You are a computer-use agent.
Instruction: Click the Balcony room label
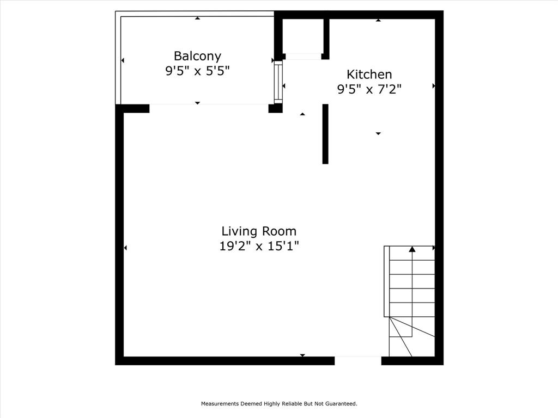pyautogui.click(x=197, y=56)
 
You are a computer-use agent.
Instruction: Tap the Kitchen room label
pyautogui.click(x=369, y=75)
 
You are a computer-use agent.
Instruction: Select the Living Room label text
pyautogui.click(x=259, y=231)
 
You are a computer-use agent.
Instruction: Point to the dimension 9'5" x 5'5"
pyautogui.click(x=197, y=71)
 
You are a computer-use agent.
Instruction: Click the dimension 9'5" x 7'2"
pyautogui.click(x=369, y=89)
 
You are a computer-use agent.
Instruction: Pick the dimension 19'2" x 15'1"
pyautogui.click(x=259, y=246)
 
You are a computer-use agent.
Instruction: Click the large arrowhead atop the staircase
pyautogui.click(x=412, y=249)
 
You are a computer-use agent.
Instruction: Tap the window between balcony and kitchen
pyautogui.click(x=278, y=82)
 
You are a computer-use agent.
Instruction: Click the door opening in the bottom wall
pyautogui.click(x=357, y=360)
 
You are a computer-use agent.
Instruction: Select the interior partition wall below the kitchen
pyautogui.click(x=325, y=133)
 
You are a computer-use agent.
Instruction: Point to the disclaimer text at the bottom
pyautogui.click(x=279, y=404)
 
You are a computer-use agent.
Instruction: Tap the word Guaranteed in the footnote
pyautogui.click(x=341, y=404)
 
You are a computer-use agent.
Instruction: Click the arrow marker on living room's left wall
pyautogui.click(x=125, y=248)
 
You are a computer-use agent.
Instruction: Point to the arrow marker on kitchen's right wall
pyautogui.click(x=434, y=86)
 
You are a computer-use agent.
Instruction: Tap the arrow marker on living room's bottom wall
pyautogui.click(x=302, y=355)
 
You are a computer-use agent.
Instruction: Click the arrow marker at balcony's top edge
pyautogui.click(x=197, y=19)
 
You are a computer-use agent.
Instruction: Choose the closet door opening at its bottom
pyautogui.click(x=303, y=56)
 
